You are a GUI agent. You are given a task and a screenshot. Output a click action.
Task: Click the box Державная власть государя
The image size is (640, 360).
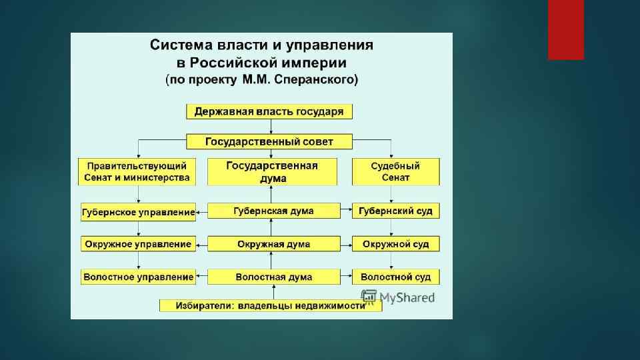click(269, 111)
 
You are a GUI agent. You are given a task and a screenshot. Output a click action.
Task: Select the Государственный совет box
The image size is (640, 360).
click(269, 141)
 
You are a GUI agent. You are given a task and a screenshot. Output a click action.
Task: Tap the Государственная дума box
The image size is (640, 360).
click(273, 172)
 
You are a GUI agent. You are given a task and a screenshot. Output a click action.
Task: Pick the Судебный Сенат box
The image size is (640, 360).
click(396, 172)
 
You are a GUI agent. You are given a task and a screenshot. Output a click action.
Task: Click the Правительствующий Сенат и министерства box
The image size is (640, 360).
click(137, 172)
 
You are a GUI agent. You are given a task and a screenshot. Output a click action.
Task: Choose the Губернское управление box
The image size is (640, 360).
click(138, 212)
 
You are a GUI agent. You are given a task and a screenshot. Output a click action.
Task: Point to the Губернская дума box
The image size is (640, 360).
click(273, 211)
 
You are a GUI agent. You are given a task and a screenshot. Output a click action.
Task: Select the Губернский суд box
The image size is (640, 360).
click(396, 211)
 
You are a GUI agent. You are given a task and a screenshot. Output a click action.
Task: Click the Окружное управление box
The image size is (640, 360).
click(138, 244)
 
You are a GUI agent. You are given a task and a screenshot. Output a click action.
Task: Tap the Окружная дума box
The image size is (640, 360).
click(273, 244)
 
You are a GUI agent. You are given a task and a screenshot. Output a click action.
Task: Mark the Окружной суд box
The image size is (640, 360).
click(396, 244)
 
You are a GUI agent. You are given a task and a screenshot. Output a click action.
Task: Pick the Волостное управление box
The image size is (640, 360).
click(138, 276)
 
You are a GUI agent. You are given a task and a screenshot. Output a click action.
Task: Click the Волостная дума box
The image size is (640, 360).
click(273, 276)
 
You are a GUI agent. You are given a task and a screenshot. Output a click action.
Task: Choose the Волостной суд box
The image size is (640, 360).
click(396, 276)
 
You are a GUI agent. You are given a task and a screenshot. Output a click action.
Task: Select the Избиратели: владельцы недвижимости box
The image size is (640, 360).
click(271, 305)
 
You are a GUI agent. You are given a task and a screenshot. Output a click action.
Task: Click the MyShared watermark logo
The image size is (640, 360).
click(397, 297)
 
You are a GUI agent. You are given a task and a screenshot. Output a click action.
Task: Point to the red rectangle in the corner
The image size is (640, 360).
click(565, 29)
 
